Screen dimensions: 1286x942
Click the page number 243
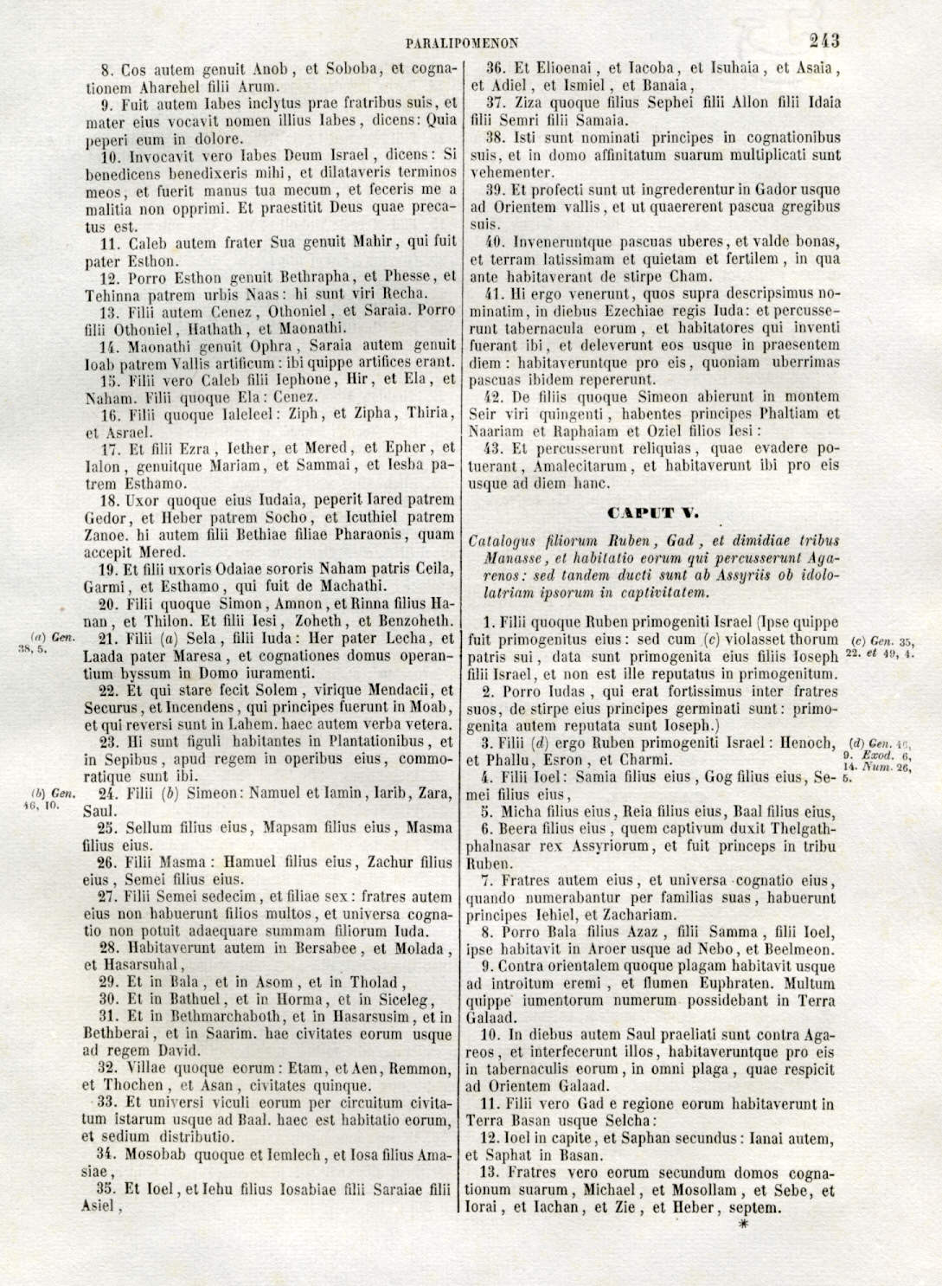click(x=823, y=40)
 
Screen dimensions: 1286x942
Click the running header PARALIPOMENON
click(x=461, y=42)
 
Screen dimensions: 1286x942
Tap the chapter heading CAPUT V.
click(x=655, y=513)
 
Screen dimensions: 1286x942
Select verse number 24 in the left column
click(x=107, y=793)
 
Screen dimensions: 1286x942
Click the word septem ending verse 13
click(x=756, y=1207)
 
